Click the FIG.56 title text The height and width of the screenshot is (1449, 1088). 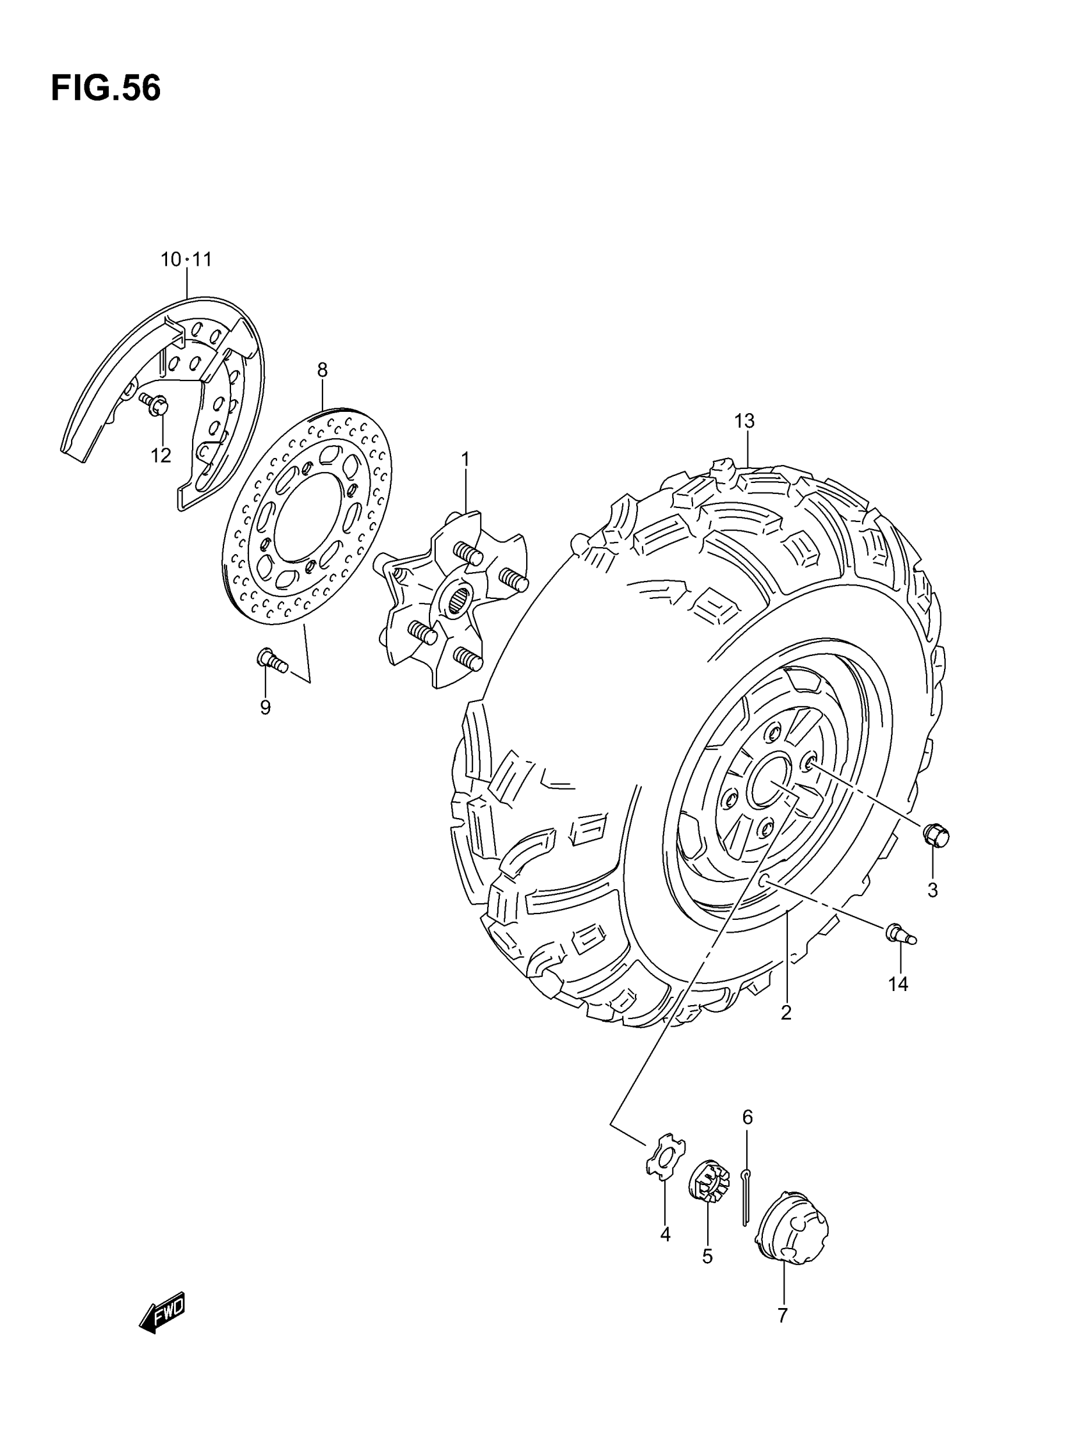pos(106,88)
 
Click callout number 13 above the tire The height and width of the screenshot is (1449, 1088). pos(744,422)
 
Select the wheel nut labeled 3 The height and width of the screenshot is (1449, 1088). pos(936,835)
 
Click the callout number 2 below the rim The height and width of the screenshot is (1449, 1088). pos(786,1013)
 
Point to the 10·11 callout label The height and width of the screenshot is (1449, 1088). pos(187,260)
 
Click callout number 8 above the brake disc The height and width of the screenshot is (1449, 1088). pos(322,370)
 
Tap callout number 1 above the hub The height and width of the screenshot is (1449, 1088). pos(465,460)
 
